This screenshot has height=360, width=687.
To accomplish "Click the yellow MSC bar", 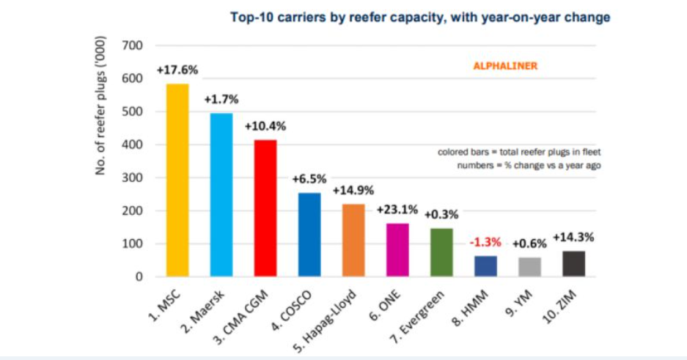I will [x=177, y=180].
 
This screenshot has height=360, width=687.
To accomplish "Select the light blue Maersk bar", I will [x=221, y=195].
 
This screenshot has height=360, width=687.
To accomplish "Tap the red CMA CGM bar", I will [x=265, y=208].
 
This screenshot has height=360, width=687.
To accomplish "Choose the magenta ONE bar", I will [x=397, y=250].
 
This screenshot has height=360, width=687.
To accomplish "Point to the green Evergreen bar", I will [x=441, y=252].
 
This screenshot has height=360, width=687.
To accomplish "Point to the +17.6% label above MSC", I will [x=177, y=70].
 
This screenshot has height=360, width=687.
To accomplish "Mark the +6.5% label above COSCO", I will [x=309, y=179].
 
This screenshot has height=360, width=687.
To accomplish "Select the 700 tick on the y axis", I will [x=131, y=46].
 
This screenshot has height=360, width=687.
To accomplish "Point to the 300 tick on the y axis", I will [x=131, y=178].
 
